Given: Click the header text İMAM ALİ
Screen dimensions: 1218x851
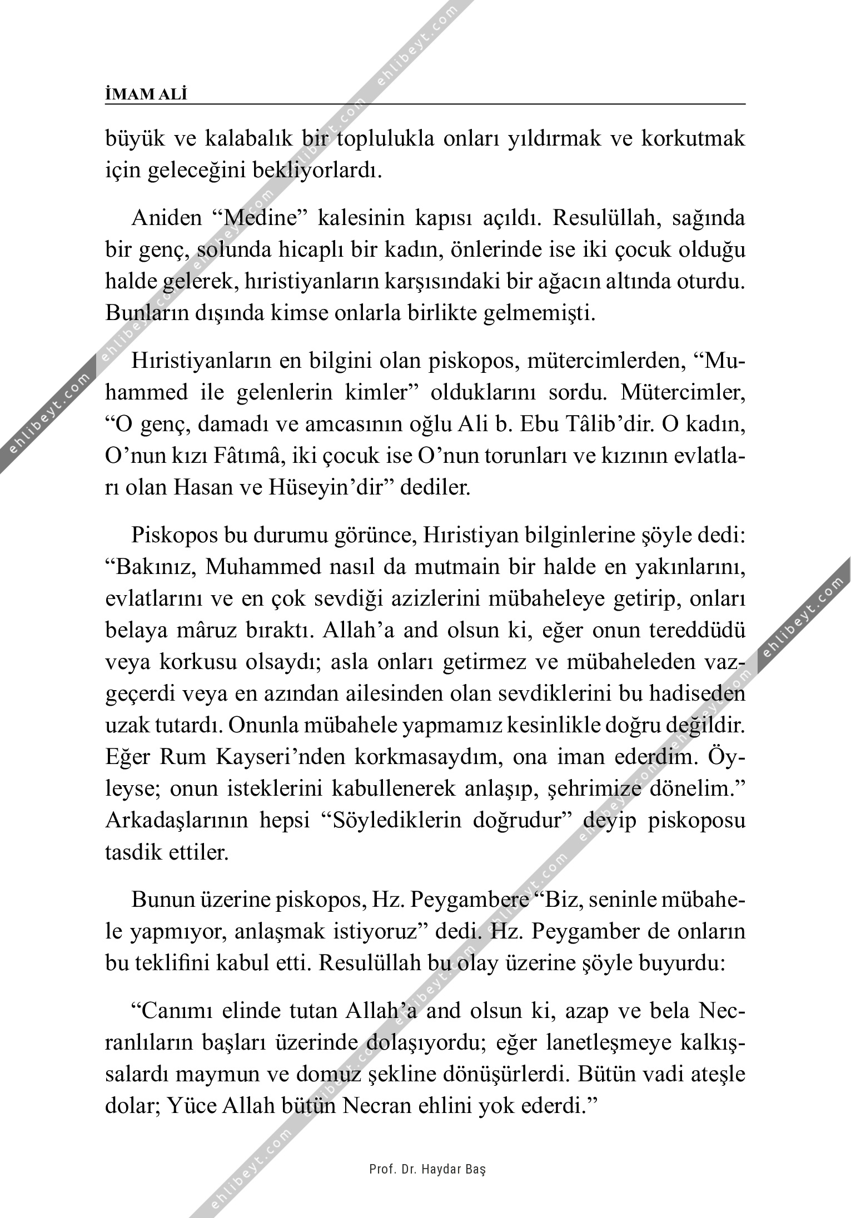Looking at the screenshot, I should [146, 95].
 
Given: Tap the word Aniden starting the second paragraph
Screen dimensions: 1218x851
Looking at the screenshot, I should [166, 218].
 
